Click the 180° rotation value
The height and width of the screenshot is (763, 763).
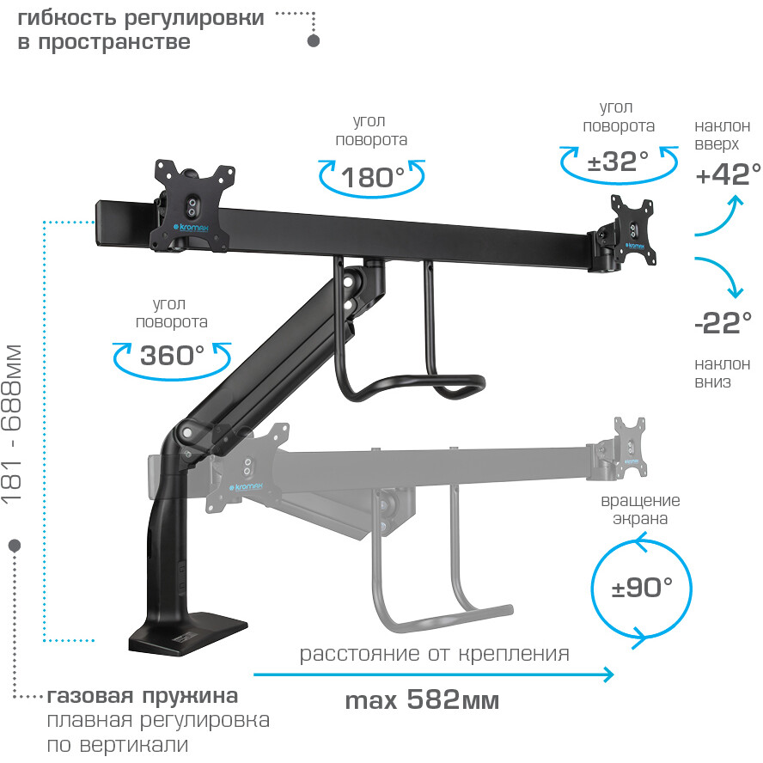(372, 178)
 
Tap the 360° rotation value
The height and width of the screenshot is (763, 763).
(172, 354)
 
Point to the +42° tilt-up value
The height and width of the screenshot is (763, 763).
(729, 174)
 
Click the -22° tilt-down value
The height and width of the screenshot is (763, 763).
(723, 324)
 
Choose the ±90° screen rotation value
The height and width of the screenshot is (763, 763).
(641, 588)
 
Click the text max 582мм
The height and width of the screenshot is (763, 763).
(422, 700)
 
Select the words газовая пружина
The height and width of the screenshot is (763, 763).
(143, 695)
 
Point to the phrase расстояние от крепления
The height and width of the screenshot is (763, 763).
(434, 654)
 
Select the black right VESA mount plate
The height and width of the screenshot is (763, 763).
(634, 229)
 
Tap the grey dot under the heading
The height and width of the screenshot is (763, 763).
(314, 41)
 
